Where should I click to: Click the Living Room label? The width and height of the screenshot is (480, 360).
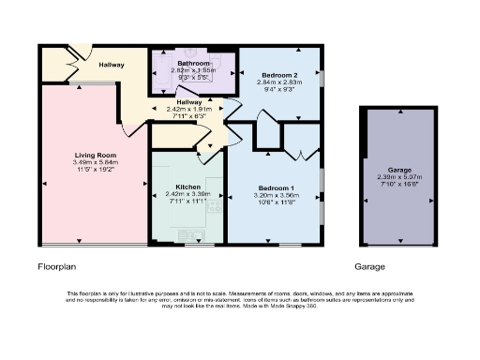pyautogui.click(x=96, y=154)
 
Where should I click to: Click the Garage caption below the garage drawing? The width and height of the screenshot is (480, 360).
pyautogui.click(x=369, y=266)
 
